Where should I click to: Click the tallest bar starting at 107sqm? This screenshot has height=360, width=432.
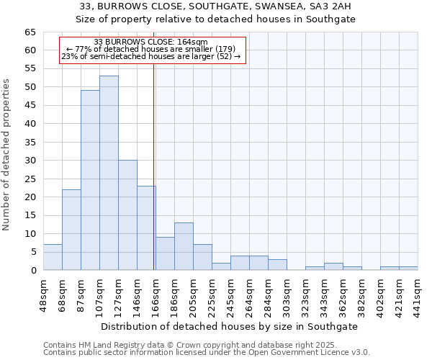tap(109, 173)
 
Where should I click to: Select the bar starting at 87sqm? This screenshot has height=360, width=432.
tap(90, 180)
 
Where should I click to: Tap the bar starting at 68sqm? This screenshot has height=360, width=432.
tap(71, 230)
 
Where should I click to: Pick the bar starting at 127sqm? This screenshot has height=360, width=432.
tap(127, 215)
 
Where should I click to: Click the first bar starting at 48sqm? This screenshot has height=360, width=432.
tap(53, 257)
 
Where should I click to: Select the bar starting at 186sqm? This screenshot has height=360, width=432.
tap(184, 246)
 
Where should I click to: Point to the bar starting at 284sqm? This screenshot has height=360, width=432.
tap(277, 264)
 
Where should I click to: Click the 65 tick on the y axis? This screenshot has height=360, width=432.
tap(30, 32)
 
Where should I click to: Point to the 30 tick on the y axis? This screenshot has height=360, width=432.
tap(30, 161)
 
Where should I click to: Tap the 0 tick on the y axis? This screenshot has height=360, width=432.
tap(32, 270)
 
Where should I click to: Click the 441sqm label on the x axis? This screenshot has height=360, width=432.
tap(418, 294)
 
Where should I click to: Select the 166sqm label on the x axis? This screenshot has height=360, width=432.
tap(156, 294)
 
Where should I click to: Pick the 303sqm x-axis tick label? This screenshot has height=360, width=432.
tap(287, 294)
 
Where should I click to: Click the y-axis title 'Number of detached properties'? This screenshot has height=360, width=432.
tap(7, 155)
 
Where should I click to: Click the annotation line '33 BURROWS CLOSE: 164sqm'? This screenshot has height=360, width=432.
tap(150, 42)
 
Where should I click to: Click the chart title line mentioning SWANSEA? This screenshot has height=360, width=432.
tap(216, 6)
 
